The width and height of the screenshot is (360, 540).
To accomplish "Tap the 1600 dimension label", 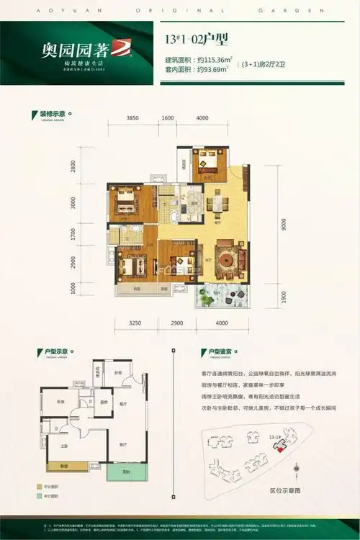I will (x=167, y=117).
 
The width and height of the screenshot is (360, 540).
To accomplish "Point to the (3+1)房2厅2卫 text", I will (x=278, y=64).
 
